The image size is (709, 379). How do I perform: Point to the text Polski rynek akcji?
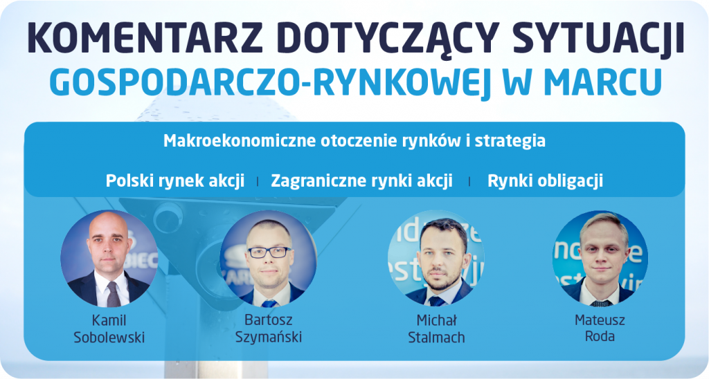[175, 181]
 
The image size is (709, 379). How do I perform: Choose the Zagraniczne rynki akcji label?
[361, 181]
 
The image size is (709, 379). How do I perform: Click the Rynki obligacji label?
[546, 181]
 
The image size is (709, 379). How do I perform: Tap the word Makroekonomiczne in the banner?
[240, 140]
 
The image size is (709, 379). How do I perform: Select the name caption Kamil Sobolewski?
[109, 329]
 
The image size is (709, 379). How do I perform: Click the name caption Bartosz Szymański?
[269, 329]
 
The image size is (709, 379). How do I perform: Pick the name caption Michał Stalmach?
[436, 329]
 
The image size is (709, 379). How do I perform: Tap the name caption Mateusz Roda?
[600, 329]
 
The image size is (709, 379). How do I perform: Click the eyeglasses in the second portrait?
[269, 252]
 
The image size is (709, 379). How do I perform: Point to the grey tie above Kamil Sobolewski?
[113, 294]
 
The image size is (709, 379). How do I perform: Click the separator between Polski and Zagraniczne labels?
[258, 182]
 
